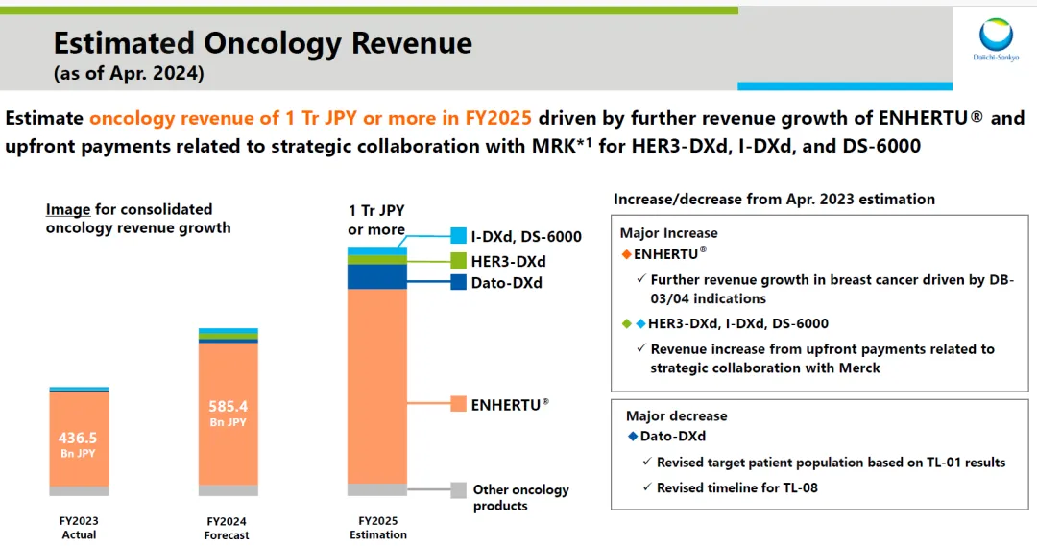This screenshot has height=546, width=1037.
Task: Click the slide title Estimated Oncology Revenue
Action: tap(262, 43)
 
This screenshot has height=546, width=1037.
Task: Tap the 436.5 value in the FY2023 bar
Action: tap(79, 438)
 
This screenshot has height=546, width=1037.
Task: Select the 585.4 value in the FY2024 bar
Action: tap(229, 406)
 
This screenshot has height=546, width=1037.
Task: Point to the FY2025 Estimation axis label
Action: tap(378, 528)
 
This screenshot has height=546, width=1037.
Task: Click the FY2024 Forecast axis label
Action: tap(229, 528)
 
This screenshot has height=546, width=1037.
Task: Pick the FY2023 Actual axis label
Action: tap(79, 528)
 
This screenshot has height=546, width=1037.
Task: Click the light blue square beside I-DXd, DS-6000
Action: tap(458, 236)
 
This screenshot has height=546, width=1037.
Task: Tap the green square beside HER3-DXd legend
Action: tap(458, 260)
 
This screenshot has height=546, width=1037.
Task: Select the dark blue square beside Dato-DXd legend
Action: tap(458, 282)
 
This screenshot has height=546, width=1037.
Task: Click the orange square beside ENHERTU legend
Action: tap(458, 404)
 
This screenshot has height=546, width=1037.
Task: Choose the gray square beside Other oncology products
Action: tap(458, 489)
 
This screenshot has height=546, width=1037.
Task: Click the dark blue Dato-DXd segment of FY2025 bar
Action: tap(377, 276)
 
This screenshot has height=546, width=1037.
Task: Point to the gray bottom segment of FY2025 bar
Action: tap(377, 489)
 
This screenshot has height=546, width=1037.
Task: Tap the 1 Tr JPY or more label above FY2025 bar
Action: tap(375, 220)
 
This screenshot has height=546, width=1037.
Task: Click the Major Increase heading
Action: tap(668, 233)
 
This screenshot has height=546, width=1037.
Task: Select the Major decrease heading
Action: tap(676, 415)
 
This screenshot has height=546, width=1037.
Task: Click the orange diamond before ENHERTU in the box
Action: tap(626, 253)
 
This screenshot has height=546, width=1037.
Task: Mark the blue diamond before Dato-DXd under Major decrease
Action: tap(632, 436)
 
